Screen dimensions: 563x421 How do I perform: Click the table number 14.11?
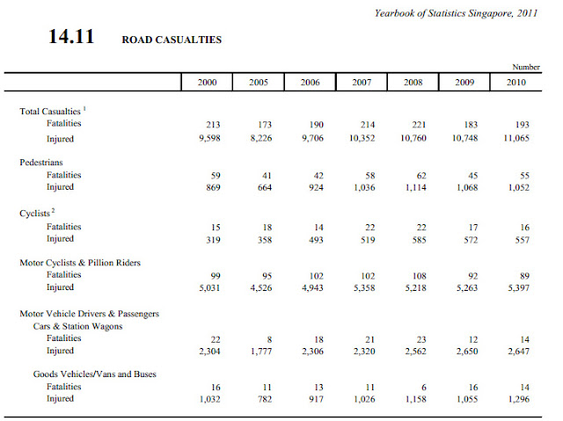(x=71, y=37)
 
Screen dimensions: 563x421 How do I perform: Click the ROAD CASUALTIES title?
(x=172, y=40)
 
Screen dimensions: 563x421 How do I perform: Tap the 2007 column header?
(x=362, y=83)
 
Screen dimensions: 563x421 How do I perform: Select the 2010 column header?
(x=516, y=83)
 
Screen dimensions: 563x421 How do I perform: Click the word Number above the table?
(x=526, y=67)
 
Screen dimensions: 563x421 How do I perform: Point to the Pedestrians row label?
(x=41, y=163)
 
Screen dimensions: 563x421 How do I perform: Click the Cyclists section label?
(x=35, y=214)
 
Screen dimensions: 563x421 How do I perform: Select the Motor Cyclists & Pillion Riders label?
(x=80, y=263)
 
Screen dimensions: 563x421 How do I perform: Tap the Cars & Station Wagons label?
(x=78, y=326)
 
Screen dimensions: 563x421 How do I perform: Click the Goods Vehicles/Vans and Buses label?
(x=95, y=374)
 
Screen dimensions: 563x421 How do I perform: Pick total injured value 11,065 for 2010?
(x=516, y=138)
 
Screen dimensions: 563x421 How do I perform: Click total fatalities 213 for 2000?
(x=213, y=125)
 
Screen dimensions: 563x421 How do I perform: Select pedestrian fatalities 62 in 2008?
(x=421, y=176)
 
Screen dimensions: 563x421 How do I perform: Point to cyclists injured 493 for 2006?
(x=316, y=240)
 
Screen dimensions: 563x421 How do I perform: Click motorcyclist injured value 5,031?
(x=209, y=287)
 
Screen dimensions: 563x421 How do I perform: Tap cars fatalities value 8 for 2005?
(x=269, y=339)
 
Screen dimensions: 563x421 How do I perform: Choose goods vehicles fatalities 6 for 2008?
(x=424, y=388)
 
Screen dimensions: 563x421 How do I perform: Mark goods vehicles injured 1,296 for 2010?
(x=519, y=399)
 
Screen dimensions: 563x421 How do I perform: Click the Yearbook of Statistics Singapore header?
(x=456, y=14)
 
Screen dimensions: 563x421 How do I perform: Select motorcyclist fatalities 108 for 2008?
(x=419, y=276)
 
